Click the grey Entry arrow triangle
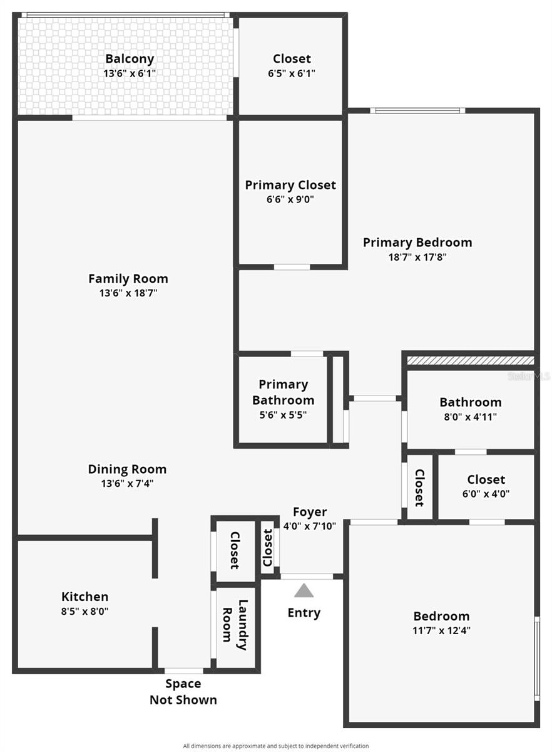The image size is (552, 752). (x=304, y=590)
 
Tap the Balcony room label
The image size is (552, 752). (x=130, y=59)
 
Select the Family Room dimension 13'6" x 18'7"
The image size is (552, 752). (x=128, y=293)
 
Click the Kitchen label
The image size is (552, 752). (x=85, y=597)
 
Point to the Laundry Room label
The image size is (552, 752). (x=235, y=625)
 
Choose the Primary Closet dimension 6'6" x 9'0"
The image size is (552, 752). (x=290, y=199)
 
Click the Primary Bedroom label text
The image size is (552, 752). (x=417, y=243)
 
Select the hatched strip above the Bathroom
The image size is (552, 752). (x=471, y=360)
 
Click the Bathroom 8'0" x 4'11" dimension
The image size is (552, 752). (x=470, y=417)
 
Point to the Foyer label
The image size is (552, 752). (x=310, y=512)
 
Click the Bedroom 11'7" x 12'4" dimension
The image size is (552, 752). (x=441, y=630)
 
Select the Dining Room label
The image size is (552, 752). (x=127, y=469)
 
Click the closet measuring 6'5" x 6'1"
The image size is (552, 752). (x=292, y=65)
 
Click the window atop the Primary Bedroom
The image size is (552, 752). (x=417, y=110)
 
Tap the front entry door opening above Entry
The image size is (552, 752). (x=307, y=577)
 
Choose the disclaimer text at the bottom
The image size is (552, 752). (x=275, y=746)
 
